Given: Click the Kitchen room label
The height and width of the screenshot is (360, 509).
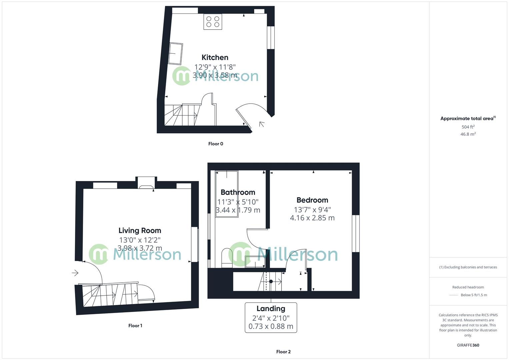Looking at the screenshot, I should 215,57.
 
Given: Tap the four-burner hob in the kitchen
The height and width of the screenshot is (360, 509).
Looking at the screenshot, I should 213,22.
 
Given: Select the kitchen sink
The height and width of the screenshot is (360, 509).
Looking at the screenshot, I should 175,53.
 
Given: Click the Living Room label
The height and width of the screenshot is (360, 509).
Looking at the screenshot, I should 140,230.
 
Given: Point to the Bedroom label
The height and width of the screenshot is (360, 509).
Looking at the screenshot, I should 312,200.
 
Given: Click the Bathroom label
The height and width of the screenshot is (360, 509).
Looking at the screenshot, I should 238,192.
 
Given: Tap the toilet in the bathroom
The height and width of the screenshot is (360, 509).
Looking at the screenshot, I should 227,257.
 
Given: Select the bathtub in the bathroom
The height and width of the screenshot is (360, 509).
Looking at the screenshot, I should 227,194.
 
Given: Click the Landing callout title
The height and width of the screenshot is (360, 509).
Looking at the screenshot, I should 271,308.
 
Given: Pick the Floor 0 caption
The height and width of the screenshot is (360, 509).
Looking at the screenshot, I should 216,144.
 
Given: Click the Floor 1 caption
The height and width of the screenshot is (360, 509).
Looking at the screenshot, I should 135,326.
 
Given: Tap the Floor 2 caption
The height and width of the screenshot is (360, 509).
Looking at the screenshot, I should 283,352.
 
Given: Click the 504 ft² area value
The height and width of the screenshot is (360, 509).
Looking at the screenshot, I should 468,127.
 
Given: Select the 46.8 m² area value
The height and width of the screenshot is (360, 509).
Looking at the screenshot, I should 468,134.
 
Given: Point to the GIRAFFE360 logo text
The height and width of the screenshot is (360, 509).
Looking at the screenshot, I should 468,345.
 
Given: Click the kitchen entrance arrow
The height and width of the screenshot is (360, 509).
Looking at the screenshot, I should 262,124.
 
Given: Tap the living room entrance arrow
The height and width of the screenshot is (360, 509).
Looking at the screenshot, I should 75,273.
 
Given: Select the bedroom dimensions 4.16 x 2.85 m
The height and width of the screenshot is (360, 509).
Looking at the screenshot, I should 312,218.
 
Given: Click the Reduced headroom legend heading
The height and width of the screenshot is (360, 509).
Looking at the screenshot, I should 468,287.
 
